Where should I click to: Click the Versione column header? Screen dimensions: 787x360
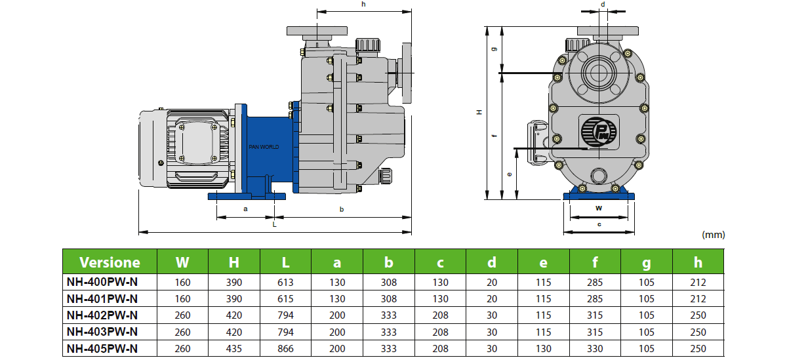coord(110,262)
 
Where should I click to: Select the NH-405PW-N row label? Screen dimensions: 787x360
coord(102,348)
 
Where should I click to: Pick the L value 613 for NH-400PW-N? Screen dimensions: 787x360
coord(285,282)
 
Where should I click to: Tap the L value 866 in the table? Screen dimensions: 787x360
coord(285,348)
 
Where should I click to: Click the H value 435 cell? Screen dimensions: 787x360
coord(234,348)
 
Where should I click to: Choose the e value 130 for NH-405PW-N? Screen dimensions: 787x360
coord(543,348)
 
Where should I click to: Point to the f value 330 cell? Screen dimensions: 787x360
coord(595,348)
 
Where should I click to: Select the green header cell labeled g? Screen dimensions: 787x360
coord(647,262)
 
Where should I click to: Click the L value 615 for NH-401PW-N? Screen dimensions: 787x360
coord(285,298)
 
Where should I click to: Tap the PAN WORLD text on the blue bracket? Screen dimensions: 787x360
coord(264,147)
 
